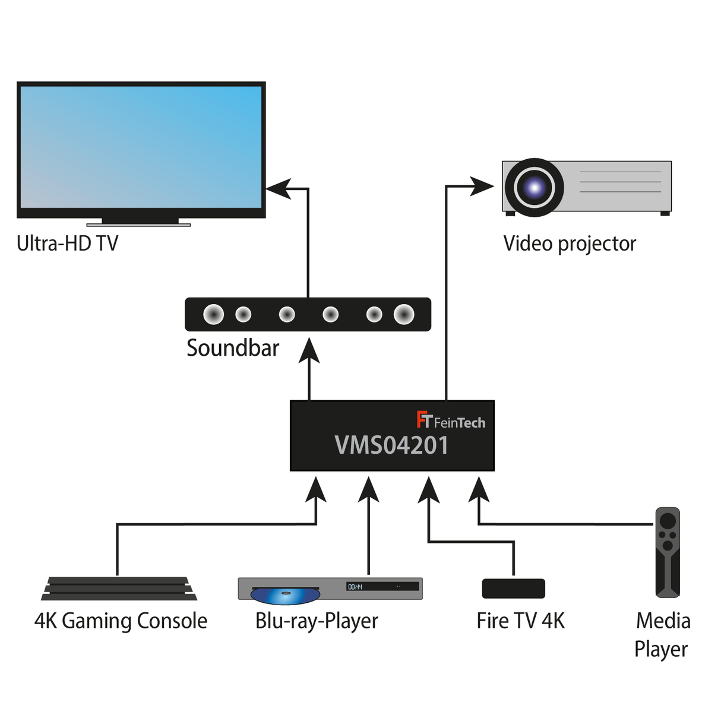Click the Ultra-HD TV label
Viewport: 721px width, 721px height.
[x=68, y=244]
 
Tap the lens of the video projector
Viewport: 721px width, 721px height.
[x=535, y=188]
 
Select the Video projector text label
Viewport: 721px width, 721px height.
[x=570, y=244]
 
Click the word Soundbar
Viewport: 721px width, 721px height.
[x=233, y=348]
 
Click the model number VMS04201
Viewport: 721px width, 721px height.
[x=391, y=445]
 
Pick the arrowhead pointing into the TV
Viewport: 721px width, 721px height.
[x=279, y=189]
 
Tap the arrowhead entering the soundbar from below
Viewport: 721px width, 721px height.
[x=309, y=350]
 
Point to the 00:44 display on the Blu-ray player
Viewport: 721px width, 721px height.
[x=355, y=587]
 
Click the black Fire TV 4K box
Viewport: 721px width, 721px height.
[x=513, y=588]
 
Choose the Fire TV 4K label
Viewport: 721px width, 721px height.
[x=520, y=621]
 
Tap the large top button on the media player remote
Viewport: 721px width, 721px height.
[x=668, y=521]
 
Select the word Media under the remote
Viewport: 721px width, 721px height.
[x=663, y=621]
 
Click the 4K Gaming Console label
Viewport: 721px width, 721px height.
[x=121, y=621]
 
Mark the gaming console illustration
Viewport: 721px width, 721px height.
[x=119, y=588]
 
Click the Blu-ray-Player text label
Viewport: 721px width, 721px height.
[x=317, y=621]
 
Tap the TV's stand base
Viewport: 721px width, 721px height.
[x=139, y=224]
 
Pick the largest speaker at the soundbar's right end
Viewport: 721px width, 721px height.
[x=404, y=314]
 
